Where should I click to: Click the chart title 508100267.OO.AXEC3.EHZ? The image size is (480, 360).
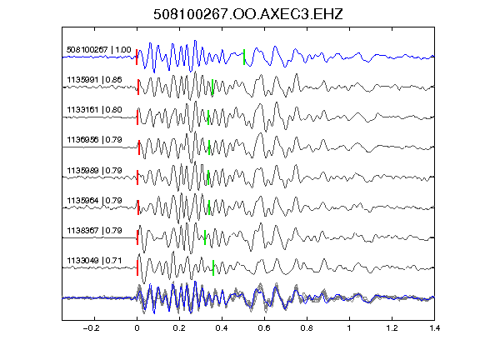[248, 14]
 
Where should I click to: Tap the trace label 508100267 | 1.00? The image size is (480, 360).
[99, 50]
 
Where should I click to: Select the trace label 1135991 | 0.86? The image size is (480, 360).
[94, 80]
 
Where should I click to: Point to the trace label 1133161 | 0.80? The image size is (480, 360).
[94, 110]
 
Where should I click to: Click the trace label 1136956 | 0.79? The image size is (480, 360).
[94, 140]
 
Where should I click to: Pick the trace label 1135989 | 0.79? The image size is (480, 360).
[94, 170]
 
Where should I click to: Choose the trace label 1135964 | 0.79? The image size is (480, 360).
[94, 201]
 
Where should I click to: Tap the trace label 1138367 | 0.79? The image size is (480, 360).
[94, 231]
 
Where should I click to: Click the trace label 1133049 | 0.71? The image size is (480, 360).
[94, 261]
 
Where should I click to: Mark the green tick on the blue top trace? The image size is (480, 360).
[244, 57]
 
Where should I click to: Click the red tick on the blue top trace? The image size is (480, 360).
[137, 57]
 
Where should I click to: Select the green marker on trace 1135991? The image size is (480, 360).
[212, 87]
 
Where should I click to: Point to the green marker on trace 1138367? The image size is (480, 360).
[205, 237]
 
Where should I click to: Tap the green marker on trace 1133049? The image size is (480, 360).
[213, 267]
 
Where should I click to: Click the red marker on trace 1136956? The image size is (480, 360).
[139, 147]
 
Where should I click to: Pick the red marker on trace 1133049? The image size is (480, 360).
[137, 267]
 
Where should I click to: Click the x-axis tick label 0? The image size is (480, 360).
[137, 328]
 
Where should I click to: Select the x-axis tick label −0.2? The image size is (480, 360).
[92, 328]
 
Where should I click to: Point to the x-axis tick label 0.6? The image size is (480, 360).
[264, 328]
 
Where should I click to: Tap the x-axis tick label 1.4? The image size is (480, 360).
[434, 328]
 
